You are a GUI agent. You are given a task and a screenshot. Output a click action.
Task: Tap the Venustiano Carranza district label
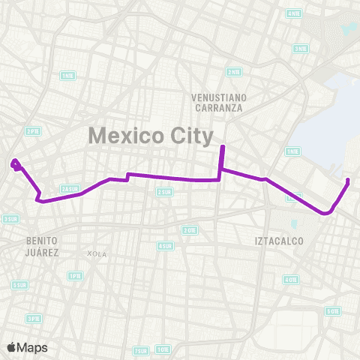tap(218, 102)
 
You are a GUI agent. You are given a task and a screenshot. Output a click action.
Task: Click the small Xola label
tap(97, 253)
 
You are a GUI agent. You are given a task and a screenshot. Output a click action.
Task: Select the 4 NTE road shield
tap(294, 13)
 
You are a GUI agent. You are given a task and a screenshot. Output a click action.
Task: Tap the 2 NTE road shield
tap(233, 72)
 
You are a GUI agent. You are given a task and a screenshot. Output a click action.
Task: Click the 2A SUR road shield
tap(70, 188)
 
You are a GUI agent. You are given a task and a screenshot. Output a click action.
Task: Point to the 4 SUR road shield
tap(165, 245)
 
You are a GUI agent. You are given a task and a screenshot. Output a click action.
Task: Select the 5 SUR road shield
tap(20, 285)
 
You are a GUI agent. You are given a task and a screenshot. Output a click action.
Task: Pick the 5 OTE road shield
tap(332, 310)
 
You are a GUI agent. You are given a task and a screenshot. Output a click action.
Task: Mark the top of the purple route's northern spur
tap(222, 146)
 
